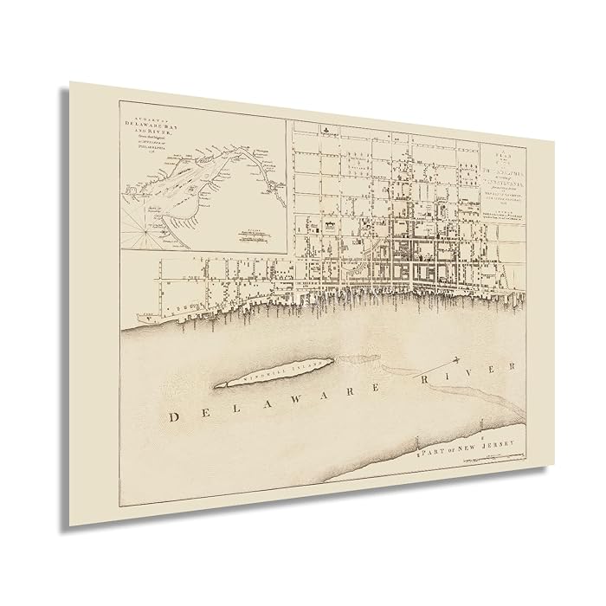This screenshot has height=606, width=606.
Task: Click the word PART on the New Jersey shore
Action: tap(429, 449)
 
